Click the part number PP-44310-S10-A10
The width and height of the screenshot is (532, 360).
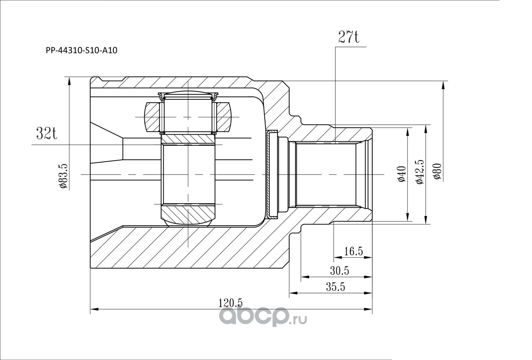tap(81, 51)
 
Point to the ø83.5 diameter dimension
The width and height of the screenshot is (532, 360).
tap(64, 176)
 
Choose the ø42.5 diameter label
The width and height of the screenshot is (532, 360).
tap(419, 172)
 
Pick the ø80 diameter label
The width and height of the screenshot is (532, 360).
tap(437, 172)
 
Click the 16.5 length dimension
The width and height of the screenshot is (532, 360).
tap(354, 251)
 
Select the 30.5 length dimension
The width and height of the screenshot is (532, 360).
tap(340, 271)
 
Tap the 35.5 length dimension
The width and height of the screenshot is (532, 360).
tap(335, 287)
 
